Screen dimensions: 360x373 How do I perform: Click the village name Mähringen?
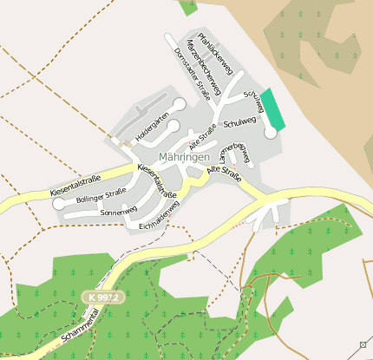[x=185, y=157]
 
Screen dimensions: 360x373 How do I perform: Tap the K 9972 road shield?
[x=105, y=298]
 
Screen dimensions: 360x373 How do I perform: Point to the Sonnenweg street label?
[x=119, y=212]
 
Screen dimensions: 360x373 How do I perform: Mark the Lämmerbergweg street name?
[x=235, y=151]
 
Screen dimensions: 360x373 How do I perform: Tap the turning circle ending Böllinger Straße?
[x=59, y=205]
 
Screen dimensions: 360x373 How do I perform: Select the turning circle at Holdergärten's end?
[x=179, y=104]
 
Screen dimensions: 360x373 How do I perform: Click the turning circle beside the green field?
[x=271, y=133]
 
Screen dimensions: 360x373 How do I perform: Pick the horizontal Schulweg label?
[x=240, y=124]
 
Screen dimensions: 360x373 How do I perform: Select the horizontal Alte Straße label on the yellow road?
[x=224, y=174]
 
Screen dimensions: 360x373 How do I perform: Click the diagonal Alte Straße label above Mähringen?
[x=203, y=135]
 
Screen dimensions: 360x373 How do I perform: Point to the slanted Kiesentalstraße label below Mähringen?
[x=157, y=178]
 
